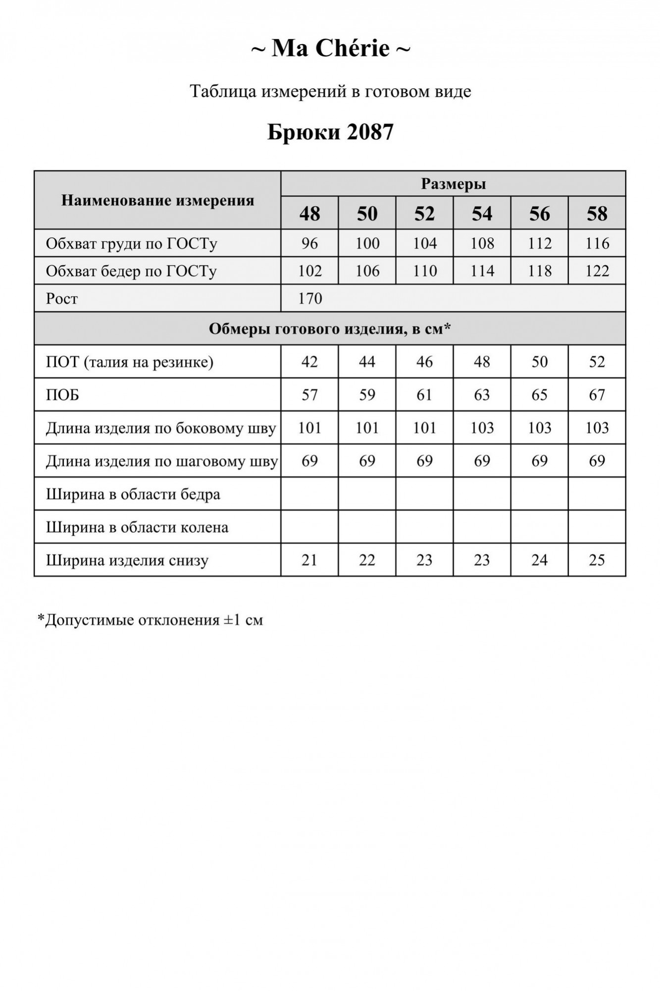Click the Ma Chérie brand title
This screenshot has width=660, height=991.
coord(330,49)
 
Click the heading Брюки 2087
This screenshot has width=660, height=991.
coord(330,132)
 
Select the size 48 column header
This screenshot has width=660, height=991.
coord(309,214)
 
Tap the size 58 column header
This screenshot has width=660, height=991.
coord(597,214)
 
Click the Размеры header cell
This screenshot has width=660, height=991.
coord(453,184)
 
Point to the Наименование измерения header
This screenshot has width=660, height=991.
coord(157,201)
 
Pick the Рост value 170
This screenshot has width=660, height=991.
coord(310,298)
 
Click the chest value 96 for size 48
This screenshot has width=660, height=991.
coord(309,243)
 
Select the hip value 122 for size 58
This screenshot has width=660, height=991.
coord(597,271)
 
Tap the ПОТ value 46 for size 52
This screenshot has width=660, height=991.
coord(424,362)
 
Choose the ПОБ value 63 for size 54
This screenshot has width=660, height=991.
coord(482,395)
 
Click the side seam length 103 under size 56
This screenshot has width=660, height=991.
coord(539,428)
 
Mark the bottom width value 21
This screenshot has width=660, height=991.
coord(309,560)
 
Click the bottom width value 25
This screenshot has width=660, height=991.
coord(597,560)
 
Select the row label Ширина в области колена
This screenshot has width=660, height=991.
coord(137,527)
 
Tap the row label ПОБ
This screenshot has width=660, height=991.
coord(62,395)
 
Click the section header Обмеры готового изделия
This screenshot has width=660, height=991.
coord(330,329)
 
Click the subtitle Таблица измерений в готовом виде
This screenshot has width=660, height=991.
coord(330,92)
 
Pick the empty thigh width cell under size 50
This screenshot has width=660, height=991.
coord(367,494)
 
